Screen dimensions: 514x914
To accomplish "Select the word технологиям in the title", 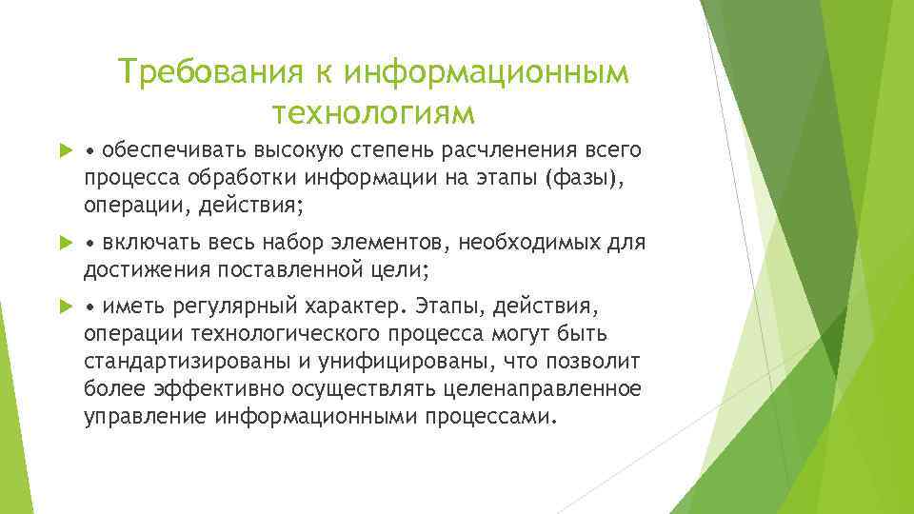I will point(372,113).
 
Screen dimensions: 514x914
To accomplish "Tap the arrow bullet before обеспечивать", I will point(66,150).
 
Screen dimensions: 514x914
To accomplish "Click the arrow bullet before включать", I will point(66,243).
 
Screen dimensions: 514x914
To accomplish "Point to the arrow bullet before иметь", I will point(66,307).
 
